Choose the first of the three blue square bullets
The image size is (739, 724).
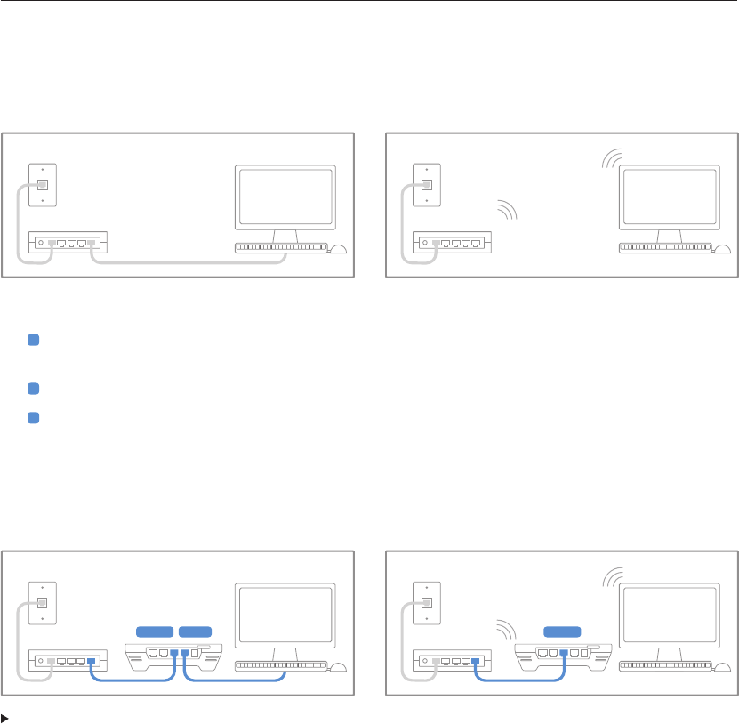pyautogui.click(x=33, y=341)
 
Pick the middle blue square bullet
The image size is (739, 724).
pyautogui.click(x=33, y=389)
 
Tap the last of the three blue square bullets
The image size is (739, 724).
pyautogui.click(x=33, y=418)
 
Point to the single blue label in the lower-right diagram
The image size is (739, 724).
pyautogui.click(x=562, y=631)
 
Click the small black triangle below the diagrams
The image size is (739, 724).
pyautogui.click(x=5, y=715)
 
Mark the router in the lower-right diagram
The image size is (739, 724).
pyautogui.click(x=454, y=662)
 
